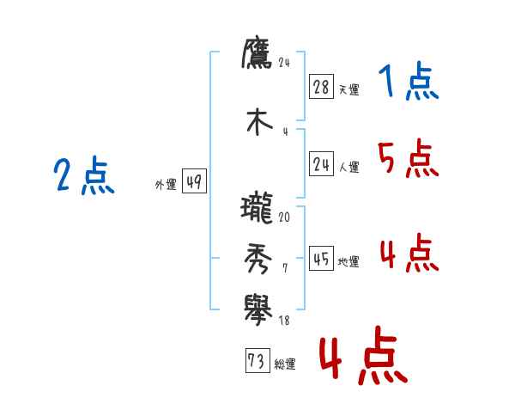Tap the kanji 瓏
point(257,209)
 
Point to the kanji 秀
point(257,258)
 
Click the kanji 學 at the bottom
point(257,309)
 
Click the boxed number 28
point(322,87)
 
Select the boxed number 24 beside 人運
point(322,165)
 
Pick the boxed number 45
point(322,260)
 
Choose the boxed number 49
point(195,181)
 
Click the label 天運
point(348,89)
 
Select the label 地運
point(348,262)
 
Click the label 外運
point(166,184)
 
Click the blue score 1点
point(408,83)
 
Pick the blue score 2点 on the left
point(83,178)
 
